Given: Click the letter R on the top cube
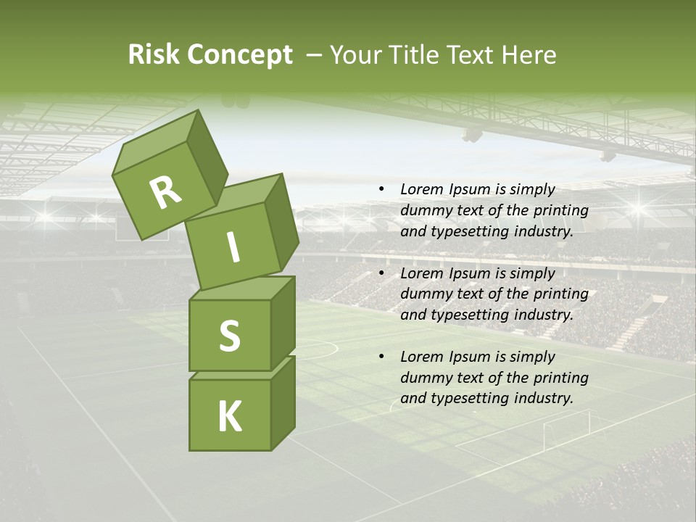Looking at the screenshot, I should [165, 193].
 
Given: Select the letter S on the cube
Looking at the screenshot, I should [229, 336].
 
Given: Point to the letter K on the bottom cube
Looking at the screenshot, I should [229, 417].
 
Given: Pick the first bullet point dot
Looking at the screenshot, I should [381, 189].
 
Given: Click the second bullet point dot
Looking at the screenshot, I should [381, 273].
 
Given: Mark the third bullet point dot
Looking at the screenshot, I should [381, 357].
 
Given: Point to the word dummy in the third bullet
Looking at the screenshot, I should [425, 378].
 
